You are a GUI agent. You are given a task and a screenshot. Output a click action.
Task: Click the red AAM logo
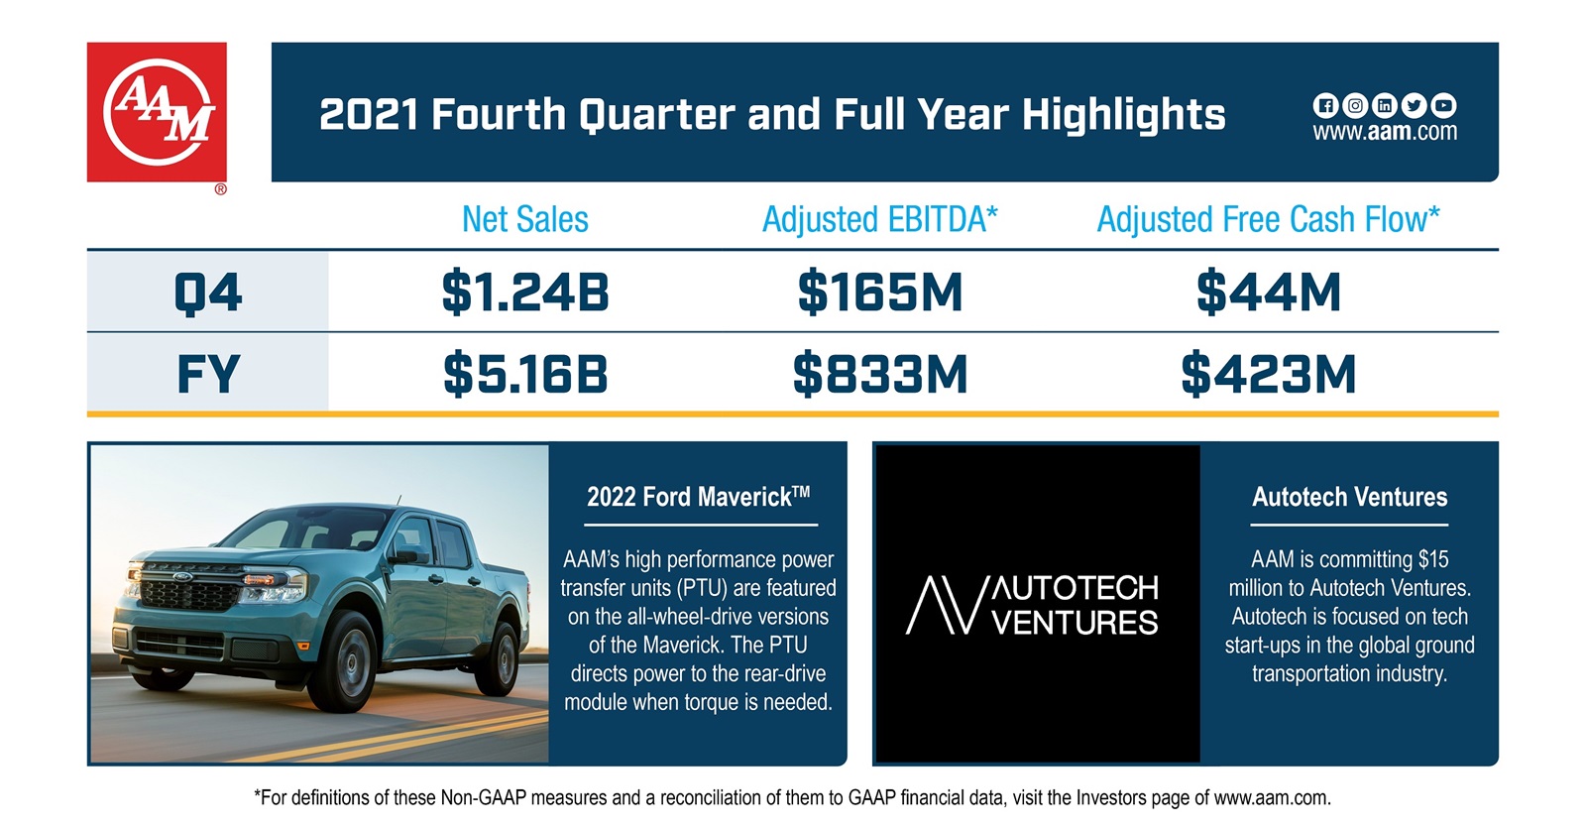pyautogui.click(x=157, y=112)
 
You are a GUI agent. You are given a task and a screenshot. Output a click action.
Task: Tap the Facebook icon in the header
pyautogui.click(x=1325, y=105)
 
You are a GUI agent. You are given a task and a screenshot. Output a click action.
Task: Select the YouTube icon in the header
pyautogui.click(x=1443, y=105)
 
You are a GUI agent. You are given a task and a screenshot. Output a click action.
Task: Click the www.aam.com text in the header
pyautogui.click(x=1385, y=132)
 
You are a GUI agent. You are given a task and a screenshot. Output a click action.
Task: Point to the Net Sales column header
pyautogui.click(x=524, y=219)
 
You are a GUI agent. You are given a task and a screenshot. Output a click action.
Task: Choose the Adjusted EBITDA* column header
pyautogui.click(x=879, y=219)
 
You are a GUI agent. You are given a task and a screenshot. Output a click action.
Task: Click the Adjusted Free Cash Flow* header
pyautogui.click(x=1268, y=219)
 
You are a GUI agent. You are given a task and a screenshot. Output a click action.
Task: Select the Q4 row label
pyautogui.click(x=207, y=293)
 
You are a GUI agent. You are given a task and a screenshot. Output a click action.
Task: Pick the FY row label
pyautogui.click(x=207, y=374)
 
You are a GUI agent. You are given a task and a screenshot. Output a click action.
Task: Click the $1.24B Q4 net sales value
pyautogui.click(x=524, y=293)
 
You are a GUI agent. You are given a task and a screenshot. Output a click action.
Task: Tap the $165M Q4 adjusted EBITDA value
pyautogui.click(x=879, y=293)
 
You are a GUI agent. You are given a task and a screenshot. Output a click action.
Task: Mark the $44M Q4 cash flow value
pyautogui.click(x=1268, y=293)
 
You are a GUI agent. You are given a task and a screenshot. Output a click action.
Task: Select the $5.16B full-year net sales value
pyautogui.click(x=524, y=374)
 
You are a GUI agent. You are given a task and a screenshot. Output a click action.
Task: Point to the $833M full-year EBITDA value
pyautogui.click(x=879, y=374)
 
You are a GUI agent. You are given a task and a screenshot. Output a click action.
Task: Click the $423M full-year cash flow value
pyautogui.click(x=1268, y=374)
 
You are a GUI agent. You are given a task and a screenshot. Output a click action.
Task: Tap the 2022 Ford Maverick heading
pyautogui.click(x=698, y=497)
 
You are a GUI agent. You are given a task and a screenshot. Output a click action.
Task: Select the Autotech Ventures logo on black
pyautogui.click(x=1035, y=604)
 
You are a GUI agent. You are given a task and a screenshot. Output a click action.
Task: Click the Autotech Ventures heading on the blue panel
pyautogui.click(x=1349, y=497)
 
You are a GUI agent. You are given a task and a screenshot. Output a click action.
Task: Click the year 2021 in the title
pyautogui.click(x=368, y=115)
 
